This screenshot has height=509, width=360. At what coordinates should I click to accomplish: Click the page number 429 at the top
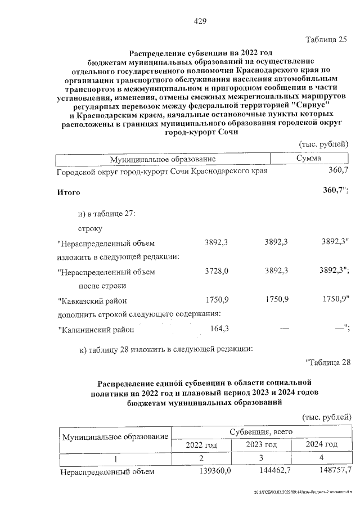click(x=200, y=21)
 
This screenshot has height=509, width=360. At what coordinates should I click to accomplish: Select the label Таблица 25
click(x=326, y=39)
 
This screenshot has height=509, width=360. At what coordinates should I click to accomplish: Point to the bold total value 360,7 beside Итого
click(x=335, y=191)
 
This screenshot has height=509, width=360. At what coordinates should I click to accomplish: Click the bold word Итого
click(x=69, y=192)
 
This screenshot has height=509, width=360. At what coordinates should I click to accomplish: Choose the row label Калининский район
click(x=96, y=328)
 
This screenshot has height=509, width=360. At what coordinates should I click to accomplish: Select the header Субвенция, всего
click(x=261, y=431)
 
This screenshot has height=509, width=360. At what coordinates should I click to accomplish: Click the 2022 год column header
click(x=201, y=445)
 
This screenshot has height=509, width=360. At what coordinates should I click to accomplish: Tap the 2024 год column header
click(x=321, y=445)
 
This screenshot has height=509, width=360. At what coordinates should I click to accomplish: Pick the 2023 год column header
click(x=261, y=445)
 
